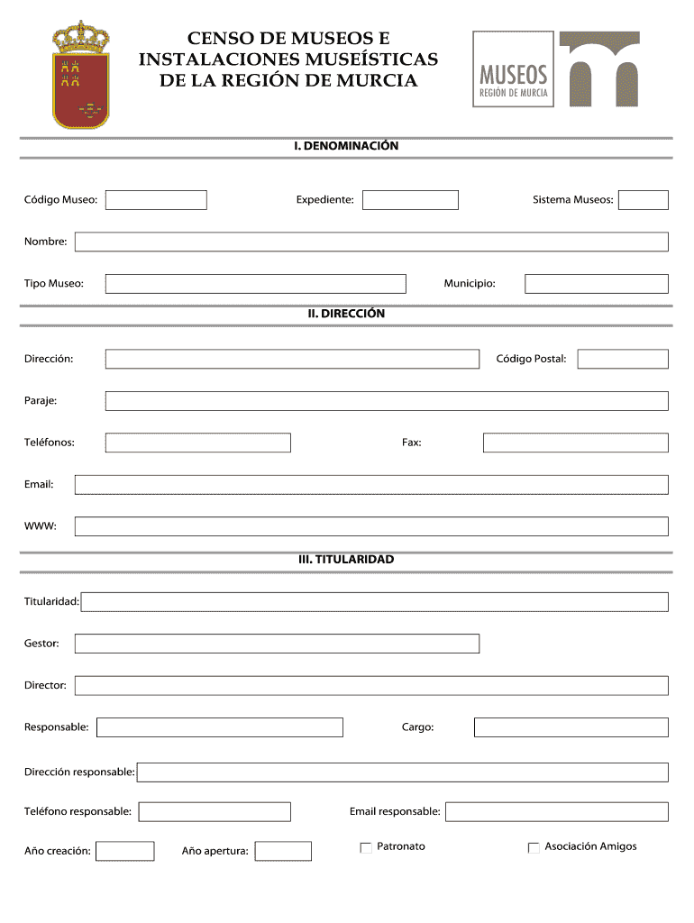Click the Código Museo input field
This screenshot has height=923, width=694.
coord(156,200)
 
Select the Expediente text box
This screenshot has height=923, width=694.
coord(410,200)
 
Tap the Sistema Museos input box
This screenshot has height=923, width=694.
coord(644,200)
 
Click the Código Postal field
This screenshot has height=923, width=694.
coord(623,359)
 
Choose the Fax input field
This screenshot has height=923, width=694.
coord(575,443)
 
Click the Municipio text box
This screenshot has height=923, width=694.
coord(597,284)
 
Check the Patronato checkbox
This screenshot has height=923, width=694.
coord(366,847)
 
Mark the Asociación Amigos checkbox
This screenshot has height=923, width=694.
coord(534,847)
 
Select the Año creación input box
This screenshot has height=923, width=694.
coord(125,851)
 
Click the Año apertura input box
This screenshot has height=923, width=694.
coord(283,851)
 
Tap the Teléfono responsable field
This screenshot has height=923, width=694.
coord(215,812)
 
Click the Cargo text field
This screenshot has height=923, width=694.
coord(571,727)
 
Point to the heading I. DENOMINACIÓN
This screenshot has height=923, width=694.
coord(346,145)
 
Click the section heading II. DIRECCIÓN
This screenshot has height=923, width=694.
coord(346,314)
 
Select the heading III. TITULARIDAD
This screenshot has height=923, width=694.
coord(346,560)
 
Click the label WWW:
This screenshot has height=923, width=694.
coord(41,526)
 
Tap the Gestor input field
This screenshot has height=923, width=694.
coord(277,644)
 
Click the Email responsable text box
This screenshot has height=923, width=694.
coord(556,812)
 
